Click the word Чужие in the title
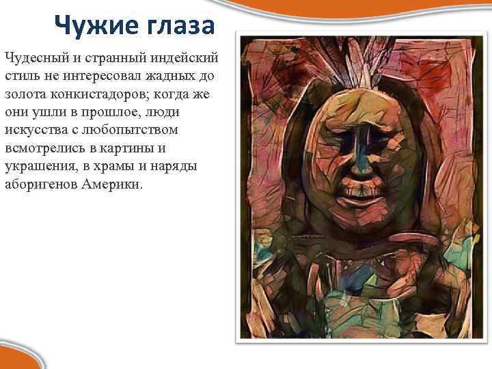pos(89,26)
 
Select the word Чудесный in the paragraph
pos(34,55)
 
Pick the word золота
pos(24,92)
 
